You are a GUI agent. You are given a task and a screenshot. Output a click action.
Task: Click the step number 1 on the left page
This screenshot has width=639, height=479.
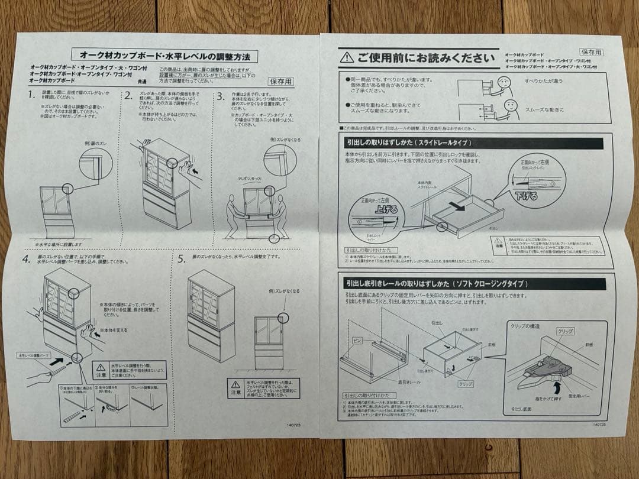31,95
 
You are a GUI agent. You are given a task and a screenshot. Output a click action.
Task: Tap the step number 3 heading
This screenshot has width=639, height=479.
220,96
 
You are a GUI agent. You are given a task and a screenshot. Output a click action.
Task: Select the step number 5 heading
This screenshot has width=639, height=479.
181,258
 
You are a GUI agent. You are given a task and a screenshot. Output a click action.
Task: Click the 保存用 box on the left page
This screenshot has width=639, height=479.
280,82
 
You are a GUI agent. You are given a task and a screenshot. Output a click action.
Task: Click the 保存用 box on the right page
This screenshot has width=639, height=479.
590,52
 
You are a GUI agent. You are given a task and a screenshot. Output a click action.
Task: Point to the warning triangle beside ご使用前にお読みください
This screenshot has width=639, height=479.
347,57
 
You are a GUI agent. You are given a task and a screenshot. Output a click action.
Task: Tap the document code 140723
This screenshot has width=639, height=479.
294,424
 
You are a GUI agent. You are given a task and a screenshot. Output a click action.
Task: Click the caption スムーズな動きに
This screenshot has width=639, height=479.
544,109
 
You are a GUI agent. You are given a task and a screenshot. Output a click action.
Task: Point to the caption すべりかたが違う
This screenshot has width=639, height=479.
543,80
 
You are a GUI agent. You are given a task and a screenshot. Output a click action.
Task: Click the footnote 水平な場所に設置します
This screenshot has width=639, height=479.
59,244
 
